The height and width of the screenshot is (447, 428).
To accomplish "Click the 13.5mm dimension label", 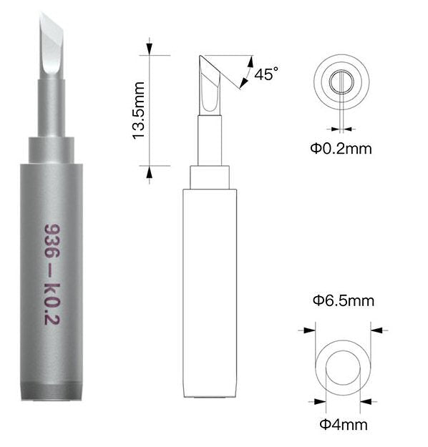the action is [139, 111].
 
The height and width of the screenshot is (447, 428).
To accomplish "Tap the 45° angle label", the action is [266, 74].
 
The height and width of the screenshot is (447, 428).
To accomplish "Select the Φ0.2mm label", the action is [341, 149].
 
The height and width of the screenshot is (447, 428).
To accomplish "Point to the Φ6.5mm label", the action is [344, 301].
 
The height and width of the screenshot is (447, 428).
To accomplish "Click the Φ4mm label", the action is [344, 425].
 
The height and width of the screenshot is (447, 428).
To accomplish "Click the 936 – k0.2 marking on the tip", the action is [52, 274].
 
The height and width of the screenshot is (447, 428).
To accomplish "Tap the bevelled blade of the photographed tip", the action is [52, 46].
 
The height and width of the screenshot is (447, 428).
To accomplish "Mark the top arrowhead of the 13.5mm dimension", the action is [150, 49].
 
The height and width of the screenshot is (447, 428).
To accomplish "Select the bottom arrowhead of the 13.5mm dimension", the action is [150, 172].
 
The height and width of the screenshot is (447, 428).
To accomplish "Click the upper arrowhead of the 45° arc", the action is [251, 62].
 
